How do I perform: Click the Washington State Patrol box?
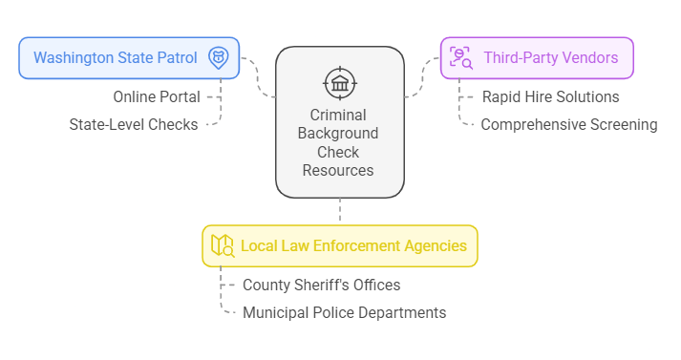point(129,57)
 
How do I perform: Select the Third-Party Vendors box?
point(536,57)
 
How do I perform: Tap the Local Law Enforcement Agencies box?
point(339,245)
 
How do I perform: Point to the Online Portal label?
point(157,96)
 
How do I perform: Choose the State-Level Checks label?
point(134,124)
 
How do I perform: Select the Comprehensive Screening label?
point(568,124)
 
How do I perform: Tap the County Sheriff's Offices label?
point(321,285)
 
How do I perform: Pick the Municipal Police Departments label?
point(344,312)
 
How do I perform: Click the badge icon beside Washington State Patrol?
point(219,57)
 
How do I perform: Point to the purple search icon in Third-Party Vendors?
point(461,57)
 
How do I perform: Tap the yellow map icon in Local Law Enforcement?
point(223,245)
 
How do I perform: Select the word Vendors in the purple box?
point(589,57)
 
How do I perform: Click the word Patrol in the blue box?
point(176,57)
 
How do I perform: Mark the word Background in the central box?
point(338,134)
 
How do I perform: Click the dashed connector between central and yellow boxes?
point(339,211)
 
